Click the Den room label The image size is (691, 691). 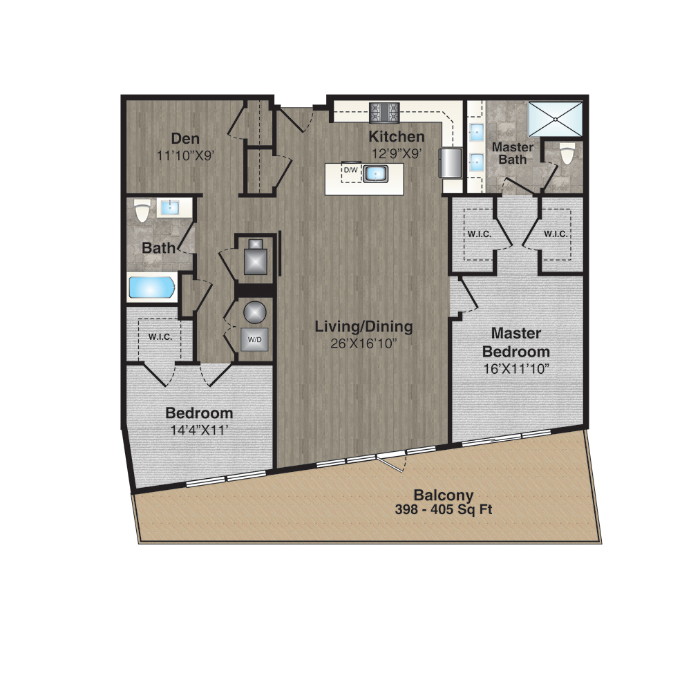pos(185,138)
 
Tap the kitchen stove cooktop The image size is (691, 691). pos(384,113)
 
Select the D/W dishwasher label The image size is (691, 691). pos(351,170)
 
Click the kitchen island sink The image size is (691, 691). pos(375,173)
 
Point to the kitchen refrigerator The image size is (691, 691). pos(450,162)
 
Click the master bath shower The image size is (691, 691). pos(556,120)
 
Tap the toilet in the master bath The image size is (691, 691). pos(567,153)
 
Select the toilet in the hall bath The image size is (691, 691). pos(142,211)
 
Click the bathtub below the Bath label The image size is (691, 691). pos(151,287)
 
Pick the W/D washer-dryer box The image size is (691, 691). pos(254,339)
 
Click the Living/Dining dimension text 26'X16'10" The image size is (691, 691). pos(364,343)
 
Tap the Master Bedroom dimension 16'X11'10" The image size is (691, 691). pos(516,368)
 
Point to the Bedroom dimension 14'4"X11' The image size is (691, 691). pos(199,430)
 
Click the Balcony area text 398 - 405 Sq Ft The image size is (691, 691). pos(444,509)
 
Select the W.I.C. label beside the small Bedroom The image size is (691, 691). pos(160,337)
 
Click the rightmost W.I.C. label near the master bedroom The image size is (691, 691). pos(556,234)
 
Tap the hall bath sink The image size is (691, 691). pos(170,207)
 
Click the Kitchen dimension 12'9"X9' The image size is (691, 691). pos(397,154)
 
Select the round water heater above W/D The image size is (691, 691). pos(255,312)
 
